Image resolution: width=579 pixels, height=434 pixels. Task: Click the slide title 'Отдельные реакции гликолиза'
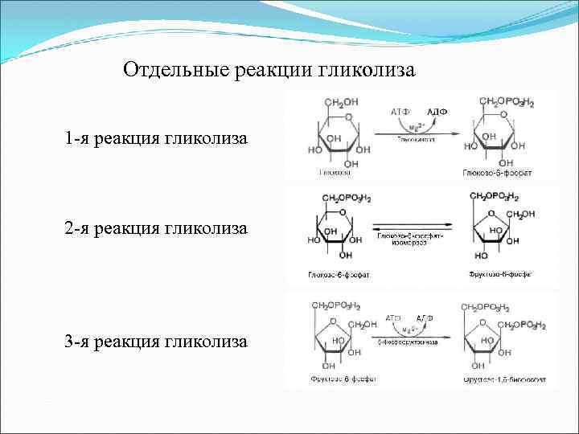pyautogui.click(x=269, y=71)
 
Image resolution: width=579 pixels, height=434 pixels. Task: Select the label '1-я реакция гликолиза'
pyautogui.click(x=157, y=140)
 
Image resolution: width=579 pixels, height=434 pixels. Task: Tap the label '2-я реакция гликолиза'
pyautogui.click(x=157, y=229)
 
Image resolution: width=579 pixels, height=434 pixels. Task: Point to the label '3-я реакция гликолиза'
pyautogui.click(x=157, y=342)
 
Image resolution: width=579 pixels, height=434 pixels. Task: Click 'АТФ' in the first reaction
pyautogui.click(x=400, y=111)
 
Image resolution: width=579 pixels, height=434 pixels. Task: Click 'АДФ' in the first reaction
pyautogui.click(x=437, y=111)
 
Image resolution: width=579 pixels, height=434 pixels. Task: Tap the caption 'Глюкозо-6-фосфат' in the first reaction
pyautogui.click(x=496, y=173)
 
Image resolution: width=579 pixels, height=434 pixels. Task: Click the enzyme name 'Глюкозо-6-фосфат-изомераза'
pyautogui.click(x=415, y=238)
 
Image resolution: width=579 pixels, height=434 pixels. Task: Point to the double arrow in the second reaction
pyautogui.click(x=415, y=226)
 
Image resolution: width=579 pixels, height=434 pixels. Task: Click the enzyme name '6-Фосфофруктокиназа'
pyautogui.click(x=407, y=342)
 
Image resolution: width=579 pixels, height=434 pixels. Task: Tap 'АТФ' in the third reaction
pyautogui.click(x=394, y=318)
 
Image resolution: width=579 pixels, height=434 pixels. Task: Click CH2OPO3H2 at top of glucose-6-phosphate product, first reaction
pyautogui.click(x=507, y=102)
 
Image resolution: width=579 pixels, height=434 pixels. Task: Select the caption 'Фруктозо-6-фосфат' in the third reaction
pyautogui.click(x=336, y=378)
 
